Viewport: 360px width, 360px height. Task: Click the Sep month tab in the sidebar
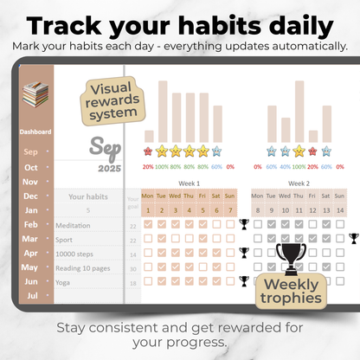tap(30, 153)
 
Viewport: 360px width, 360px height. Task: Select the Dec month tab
tap(30, 196)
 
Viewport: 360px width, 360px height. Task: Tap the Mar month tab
tap(30, 238)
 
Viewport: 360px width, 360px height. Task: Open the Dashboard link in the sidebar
tap(35, 132)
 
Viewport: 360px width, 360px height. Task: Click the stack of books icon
tap(35, 93)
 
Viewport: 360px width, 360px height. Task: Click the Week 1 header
tap(188, 183)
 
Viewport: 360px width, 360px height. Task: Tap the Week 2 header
tap(299, 183)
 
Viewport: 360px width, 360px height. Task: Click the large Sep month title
tap(109, 145)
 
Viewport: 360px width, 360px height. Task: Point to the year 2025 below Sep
tap(109, 167)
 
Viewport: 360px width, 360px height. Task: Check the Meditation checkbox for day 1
tap(149, 224)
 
